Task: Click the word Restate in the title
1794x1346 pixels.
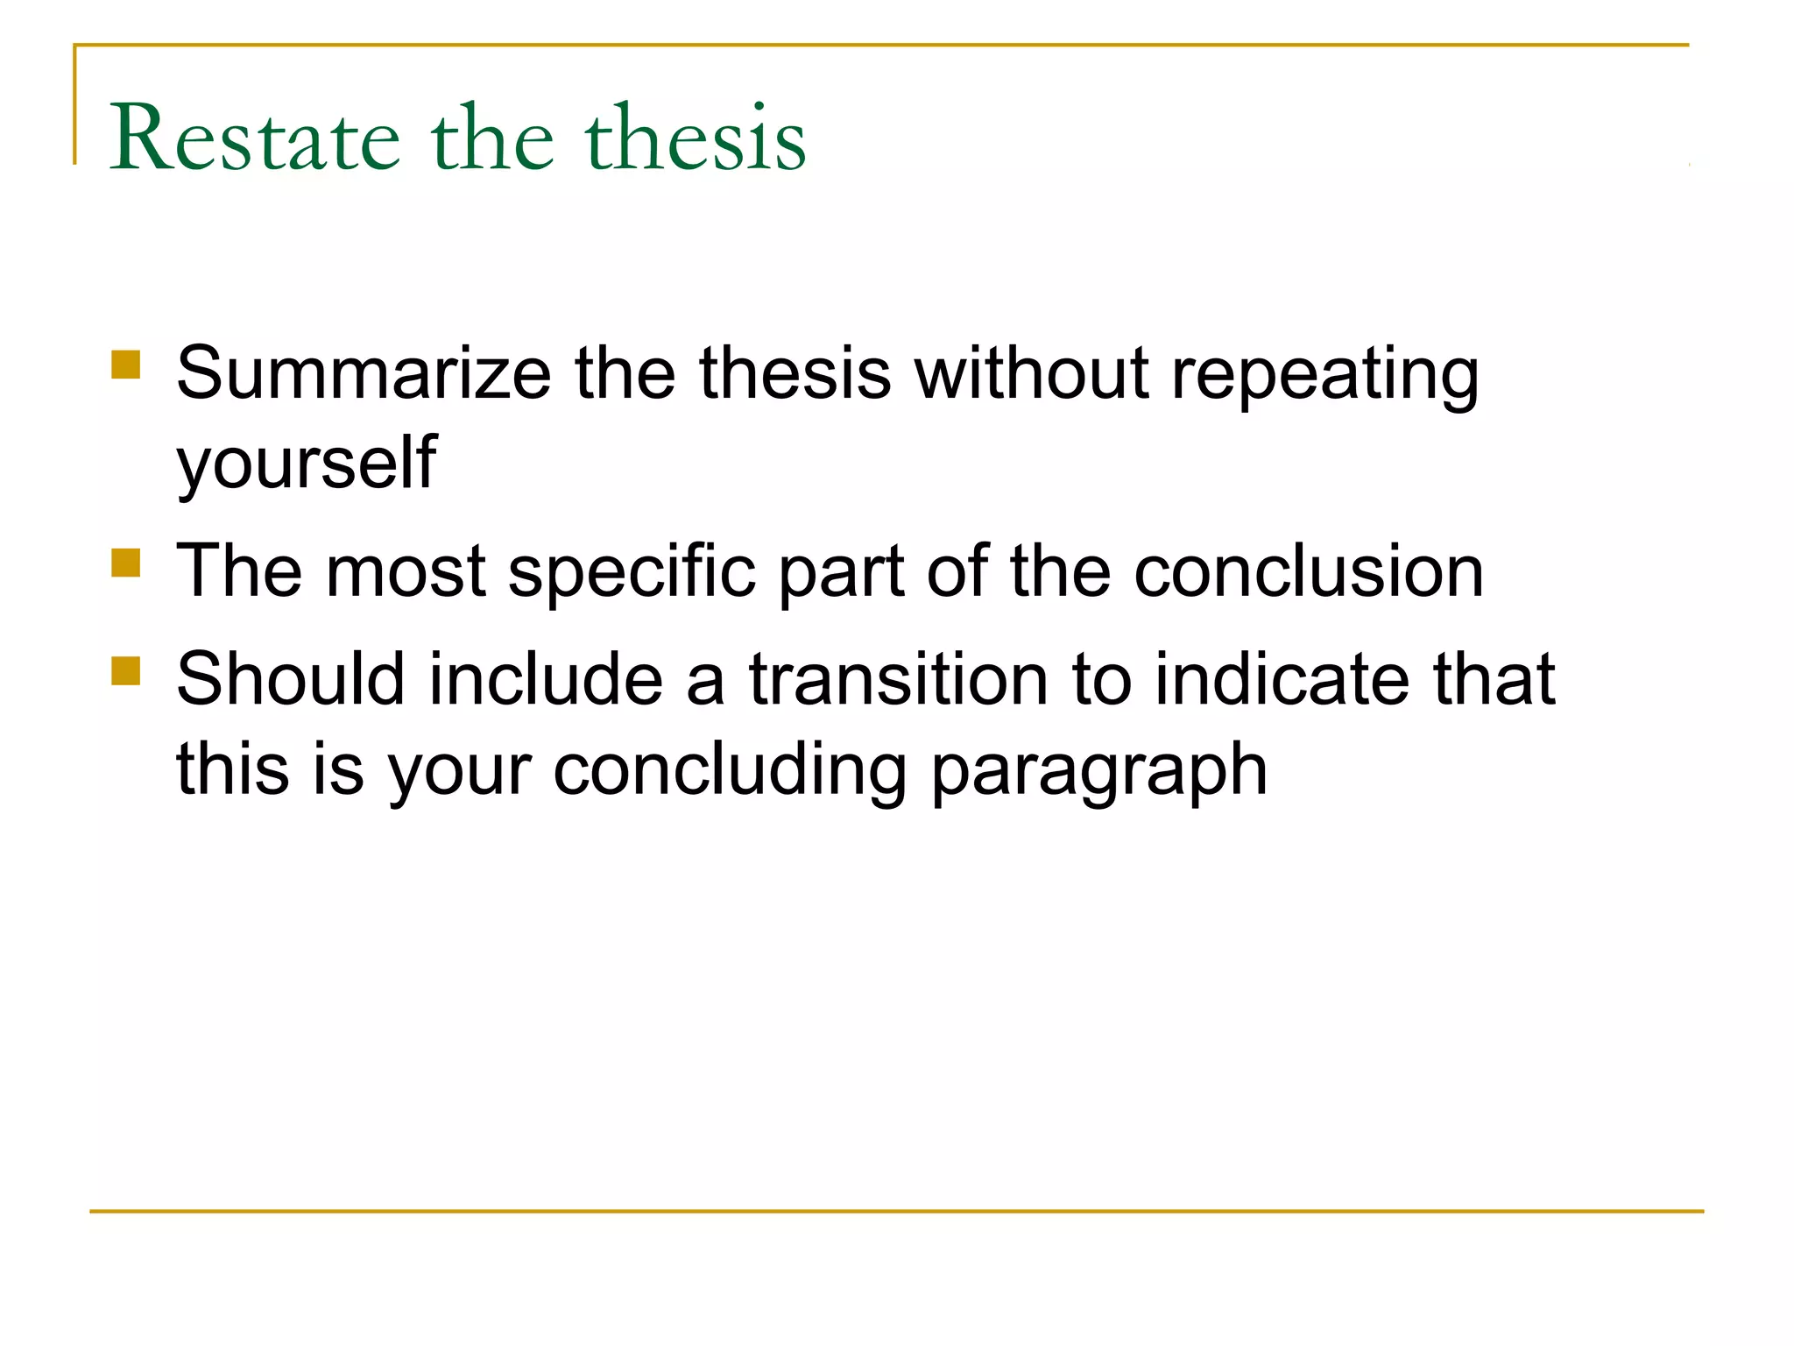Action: pyautogui.click(x=255, y=138)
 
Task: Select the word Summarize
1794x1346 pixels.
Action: pyautogui.click(x=364, y=374)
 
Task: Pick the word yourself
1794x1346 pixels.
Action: pyautogui.click(x=306, y=464)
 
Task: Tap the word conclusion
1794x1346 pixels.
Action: pyautogui.click(x=1309, y=571)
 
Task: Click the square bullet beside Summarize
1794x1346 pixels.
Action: pyautogui.click(x=126, y=365)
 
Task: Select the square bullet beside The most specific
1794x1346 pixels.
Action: pyautogui.click(x=126, y=563)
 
